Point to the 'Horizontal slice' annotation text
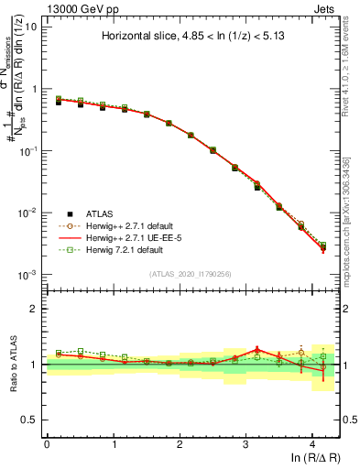pyautogui.click(x=189, y=38)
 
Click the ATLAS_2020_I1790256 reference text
pyautogui.click(x=190, y=274)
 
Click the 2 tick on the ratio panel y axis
pyautogui.click(x=35, y=309)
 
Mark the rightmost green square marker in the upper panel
pyautogui.click(x=322, y=245)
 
